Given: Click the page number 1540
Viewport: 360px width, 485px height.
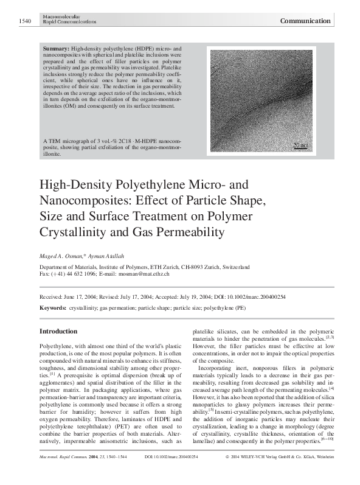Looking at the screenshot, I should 24,21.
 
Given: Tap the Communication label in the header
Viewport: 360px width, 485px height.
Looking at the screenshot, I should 305,21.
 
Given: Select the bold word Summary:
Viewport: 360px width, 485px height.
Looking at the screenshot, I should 57,47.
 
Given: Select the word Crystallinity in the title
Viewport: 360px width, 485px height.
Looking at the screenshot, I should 73,232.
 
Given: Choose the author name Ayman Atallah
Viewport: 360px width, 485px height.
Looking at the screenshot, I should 106,256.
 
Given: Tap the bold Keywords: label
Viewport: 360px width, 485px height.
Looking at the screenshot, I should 53,309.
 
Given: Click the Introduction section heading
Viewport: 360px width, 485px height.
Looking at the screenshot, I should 58,331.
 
